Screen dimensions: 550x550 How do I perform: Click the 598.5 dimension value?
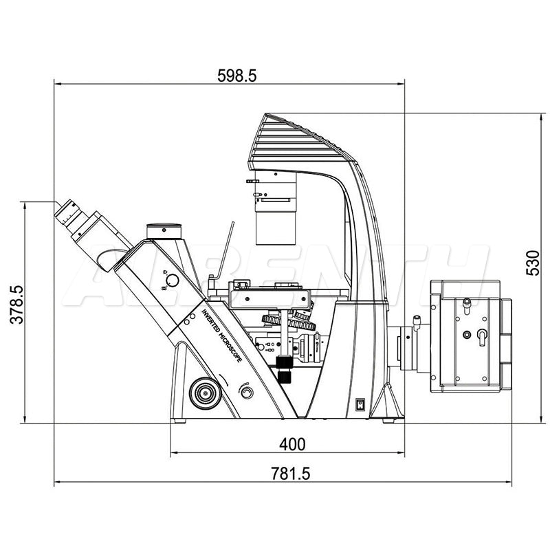[x=237, y=75]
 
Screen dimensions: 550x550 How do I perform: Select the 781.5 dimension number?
[x=290, y=474]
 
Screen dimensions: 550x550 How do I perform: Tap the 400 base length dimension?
[x=292, y=444]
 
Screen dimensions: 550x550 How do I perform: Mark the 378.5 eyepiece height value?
[x=16, y=304]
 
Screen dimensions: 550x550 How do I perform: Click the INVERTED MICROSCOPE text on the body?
[x=221, y=335]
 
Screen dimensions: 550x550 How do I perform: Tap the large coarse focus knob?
[x=205, y=393]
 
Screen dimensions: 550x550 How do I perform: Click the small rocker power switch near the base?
[x=360, y=404]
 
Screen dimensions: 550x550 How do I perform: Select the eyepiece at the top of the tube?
[x=69, y=214]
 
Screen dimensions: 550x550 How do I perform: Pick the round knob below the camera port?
[x=172, y=280]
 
